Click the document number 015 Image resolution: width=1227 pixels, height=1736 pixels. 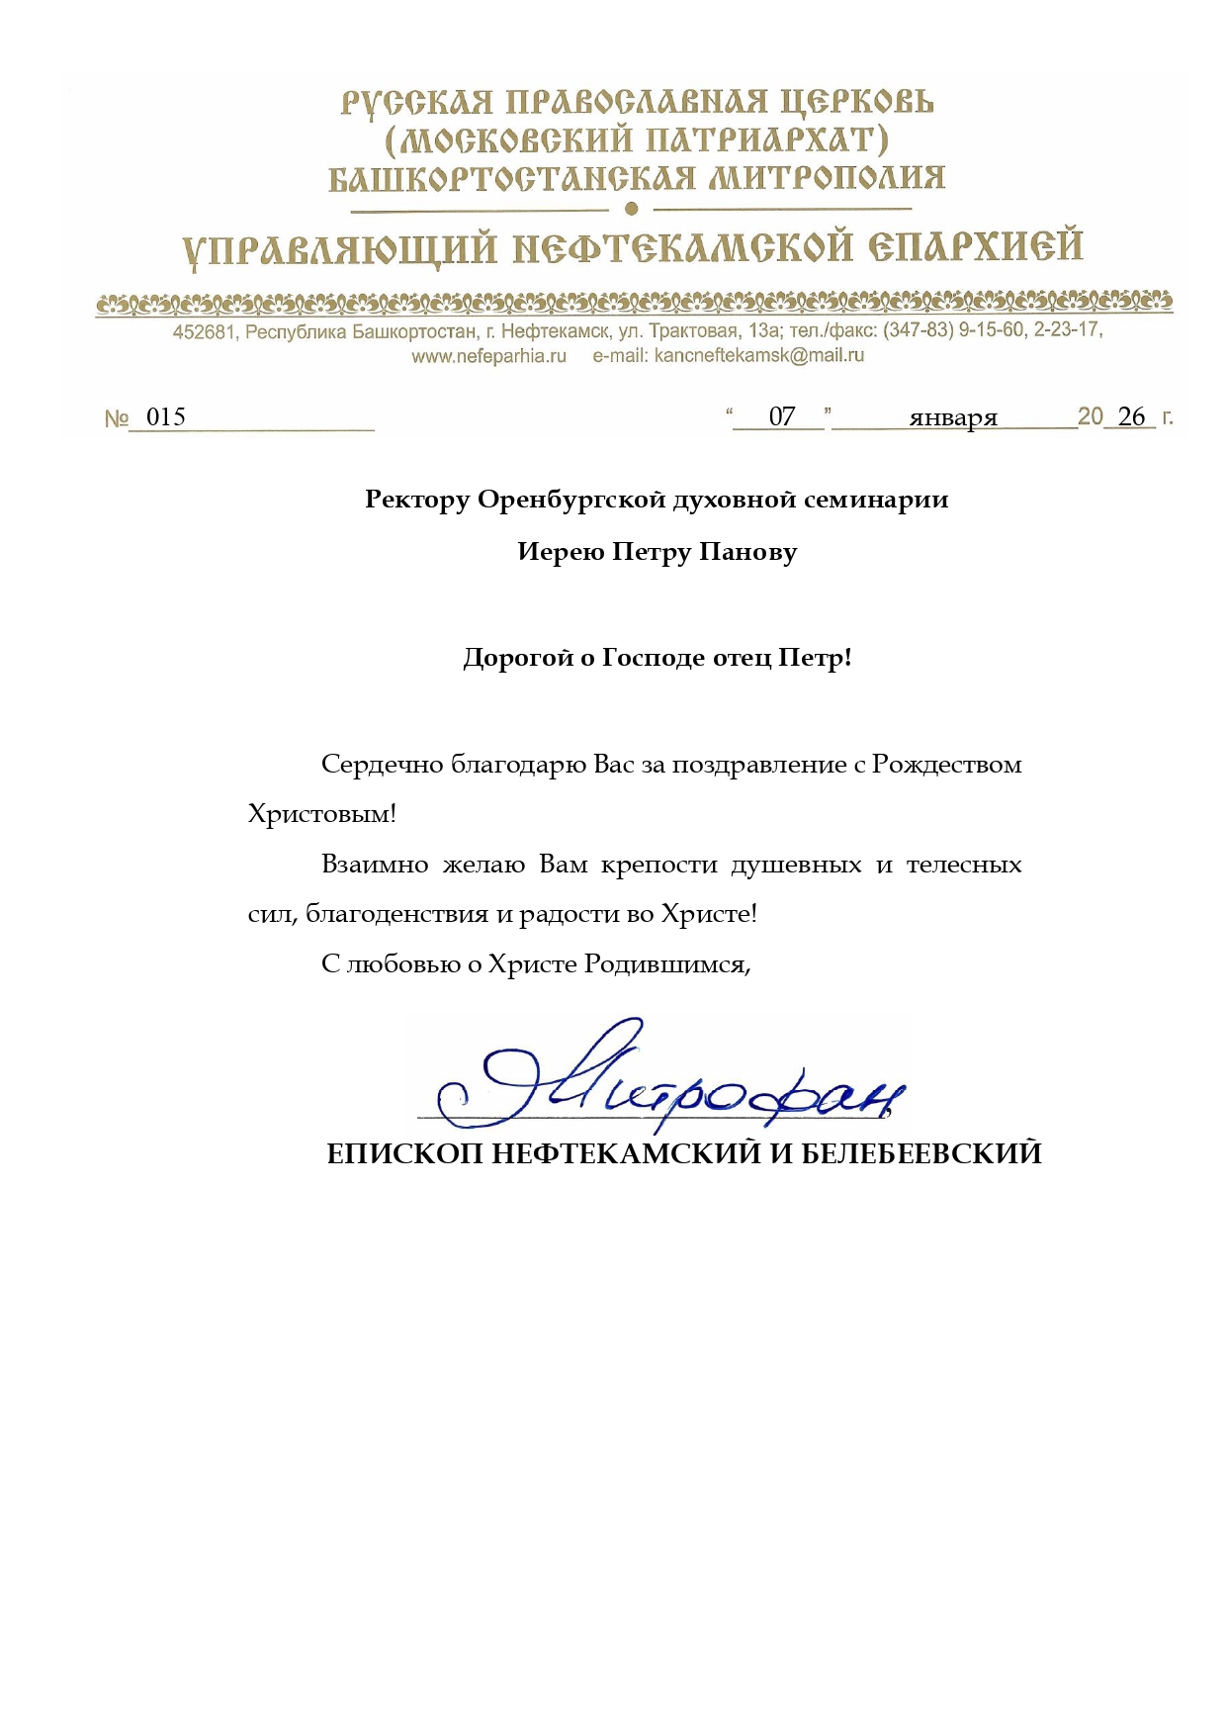165,416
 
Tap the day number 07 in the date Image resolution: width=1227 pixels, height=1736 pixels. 781,416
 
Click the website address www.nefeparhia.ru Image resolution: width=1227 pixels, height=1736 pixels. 488,356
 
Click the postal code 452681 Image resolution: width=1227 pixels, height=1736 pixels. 205,332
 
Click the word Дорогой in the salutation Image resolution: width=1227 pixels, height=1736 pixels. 518,658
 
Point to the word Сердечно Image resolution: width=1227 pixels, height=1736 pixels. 382,765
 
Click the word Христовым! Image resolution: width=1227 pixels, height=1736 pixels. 321,815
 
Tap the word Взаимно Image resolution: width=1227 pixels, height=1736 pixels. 375,865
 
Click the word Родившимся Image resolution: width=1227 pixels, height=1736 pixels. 666,964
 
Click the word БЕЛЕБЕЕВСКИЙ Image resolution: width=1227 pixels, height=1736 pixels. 920,1153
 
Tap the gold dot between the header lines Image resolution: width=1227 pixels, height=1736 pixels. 632,209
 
